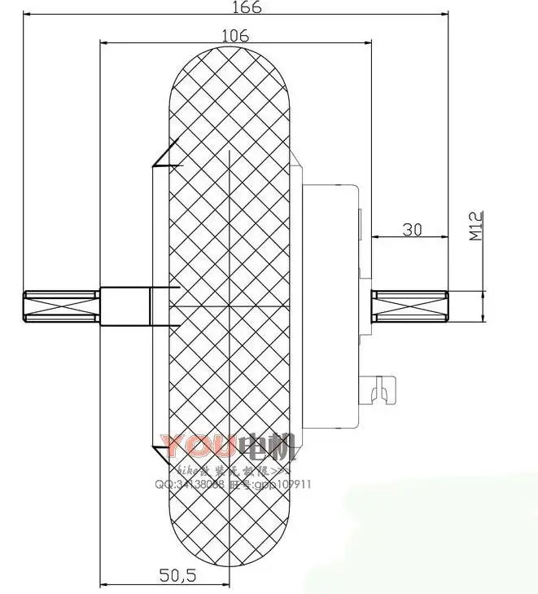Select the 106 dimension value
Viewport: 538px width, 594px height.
(x=235, y=35)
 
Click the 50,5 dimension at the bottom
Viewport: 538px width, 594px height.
(x=177, y=574)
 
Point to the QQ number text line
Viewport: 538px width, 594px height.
(x=233, y=483)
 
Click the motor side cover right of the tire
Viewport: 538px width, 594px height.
(x=330, y=306)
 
